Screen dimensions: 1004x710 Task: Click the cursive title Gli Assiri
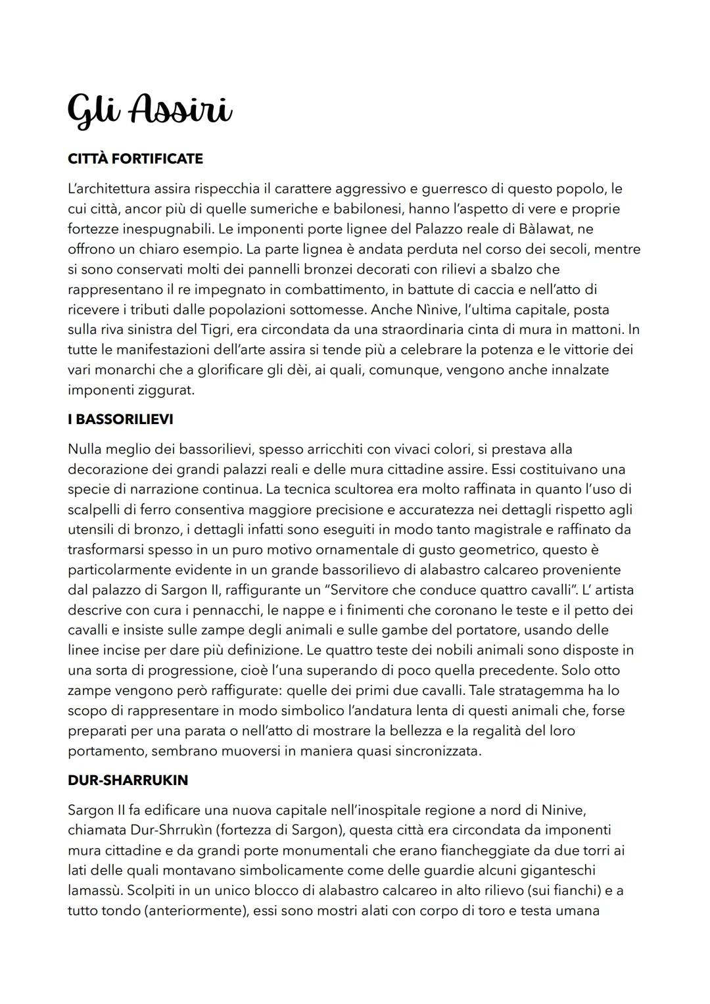click(x=150, y=110)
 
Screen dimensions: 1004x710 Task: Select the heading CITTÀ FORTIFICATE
click(x=135, y=159)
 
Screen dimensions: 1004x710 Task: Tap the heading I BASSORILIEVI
click(x=120, y=419)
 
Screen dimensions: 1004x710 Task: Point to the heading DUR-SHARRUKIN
click(x=128, y=780)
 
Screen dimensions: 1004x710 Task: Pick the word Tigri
click(x=210, y=329)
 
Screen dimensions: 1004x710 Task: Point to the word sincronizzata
click(x=437, y=751)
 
